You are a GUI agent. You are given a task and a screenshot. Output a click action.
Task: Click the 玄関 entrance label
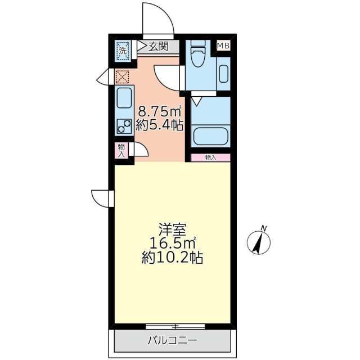click(x=159, y=47)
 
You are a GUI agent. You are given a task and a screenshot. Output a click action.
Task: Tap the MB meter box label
click(x=223, y=46)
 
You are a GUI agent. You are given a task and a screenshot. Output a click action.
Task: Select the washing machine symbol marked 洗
click(x=123, y=51)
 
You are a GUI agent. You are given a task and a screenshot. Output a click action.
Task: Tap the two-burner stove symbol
click(x=124, y=126)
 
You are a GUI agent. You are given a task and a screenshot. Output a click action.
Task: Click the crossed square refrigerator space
click(x=122, y=76)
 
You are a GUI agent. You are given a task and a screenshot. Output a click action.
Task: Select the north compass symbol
click(x=259, y=242)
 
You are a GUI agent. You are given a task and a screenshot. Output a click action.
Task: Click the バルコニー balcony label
click(x=173, y=340)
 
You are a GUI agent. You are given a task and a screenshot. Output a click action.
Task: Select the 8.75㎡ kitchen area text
click(x=160, y=111)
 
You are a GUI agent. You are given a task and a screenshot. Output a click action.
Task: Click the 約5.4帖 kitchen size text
click(x=160, y=125)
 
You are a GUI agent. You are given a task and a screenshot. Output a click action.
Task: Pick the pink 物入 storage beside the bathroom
click(x=210, y=157)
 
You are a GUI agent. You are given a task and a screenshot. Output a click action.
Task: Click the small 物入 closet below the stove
click(x=121, y=150)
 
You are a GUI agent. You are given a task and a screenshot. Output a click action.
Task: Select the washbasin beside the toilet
click(x=223, y=73)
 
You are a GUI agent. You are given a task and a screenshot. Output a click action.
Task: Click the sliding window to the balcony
click(x=174, y=326)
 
